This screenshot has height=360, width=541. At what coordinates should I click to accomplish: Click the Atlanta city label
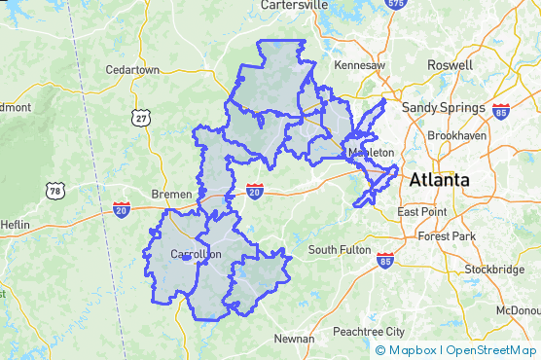[x=439, y=180]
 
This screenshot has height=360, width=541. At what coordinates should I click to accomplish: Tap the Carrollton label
[x=196, y=255]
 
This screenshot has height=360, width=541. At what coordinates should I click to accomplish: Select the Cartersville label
[x=294, y=5]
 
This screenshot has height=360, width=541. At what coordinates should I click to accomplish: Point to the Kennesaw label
[x=360, y=65]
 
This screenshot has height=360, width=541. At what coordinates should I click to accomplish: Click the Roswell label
[x=450, y=65]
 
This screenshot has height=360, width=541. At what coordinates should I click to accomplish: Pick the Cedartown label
[x=132, y=70]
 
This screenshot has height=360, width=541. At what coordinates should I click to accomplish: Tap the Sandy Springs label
[x=443, y=107]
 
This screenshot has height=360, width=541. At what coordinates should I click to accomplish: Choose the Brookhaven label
[x=457, y=136]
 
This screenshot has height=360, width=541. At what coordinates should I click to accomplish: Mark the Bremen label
[x=171, y=195]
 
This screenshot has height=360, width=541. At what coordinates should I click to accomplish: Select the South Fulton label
[x=340, y=250]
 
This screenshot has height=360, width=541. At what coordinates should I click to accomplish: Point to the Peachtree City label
[x=368, y=332]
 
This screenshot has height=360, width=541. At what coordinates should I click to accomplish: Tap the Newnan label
[x=294, y=339]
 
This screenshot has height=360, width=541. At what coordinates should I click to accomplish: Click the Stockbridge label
[x=493, y=269]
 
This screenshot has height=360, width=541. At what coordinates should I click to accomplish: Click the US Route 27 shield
[x=143, y=118]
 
